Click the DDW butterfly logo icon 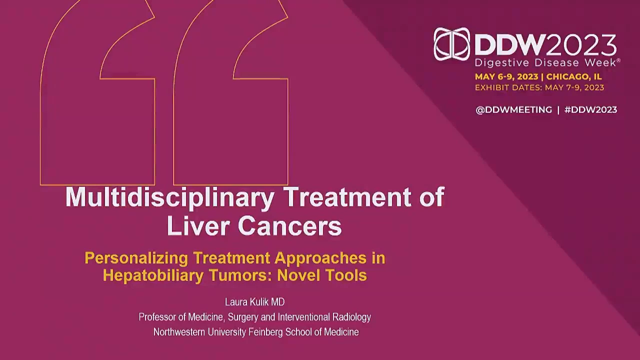[x=451, y=44]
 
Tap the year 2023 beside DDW [x=581, y=45]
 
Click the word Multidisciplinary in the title [x=170, y=198]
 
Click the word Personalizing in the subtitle [x=136, y=258]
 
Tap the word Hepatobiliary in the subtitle [x=153, y=275]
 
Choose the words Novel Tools [x=322, y=275]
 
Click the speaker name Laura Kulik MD [x=255, y=302]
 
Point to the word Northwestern [x=179, y=332]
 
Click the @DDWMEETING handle [x=513, y=109]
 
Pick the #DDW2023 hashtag [x=591, y=109]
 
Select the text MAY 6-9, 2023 [x=506, y=76]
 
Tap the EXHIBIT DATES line [x=539, y=87]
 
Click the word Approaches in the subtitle [x=320, y=258]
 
